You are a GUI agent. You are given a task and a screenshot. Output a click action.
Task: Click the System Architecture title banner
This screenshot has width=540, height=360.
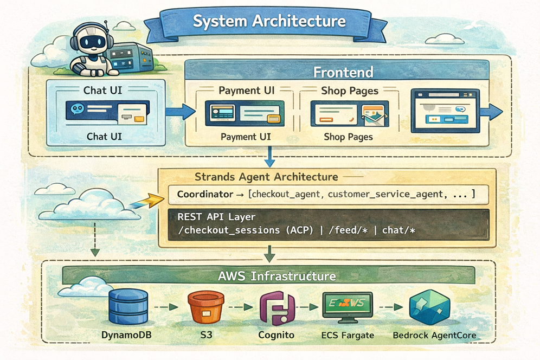point(269,22)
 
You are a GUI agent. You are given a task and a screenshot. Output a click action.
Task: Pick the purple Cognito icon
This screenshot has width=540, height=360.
point(277,307)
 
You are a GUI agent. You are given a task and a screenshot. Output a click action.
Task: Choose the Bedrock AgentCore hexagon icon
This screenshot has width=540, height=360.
point(430,307)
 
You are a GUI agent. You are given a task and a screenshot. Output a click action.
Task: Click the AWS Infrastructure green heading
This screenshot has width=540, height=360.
point(277,276)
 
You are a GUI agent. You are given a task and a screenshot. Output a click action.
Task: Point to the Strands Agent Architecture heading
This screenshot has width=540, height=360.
point(266,177)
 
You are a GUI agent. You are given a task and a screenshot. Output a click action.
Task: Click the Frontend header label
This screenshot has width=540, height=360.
point(344,72)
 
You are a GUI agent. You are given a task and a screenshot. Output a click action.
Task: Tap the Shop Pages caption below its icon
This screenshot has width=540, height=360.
point(348,137)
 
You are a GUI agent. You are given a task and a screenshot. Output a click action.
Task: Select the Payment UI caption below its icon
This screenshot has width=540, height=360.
point(246,137)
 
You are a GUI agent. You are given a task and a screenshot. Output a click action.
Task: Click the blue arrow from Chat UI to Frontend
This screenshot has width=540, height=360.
point(181,112)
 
